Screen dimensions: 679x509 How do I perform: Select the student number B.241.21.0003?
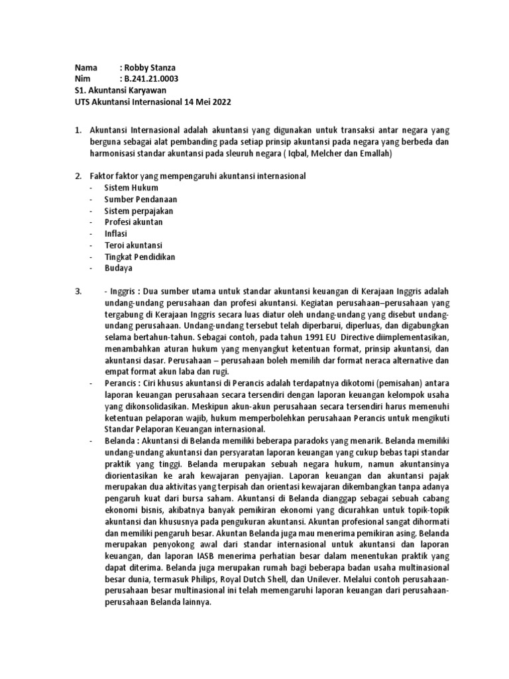click(x=151, y=80)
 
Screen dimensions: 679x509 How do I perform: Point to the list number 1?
click(x=77, y=131)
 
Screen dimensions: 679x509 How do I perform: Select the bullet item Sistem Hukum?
click(x=131, y=188)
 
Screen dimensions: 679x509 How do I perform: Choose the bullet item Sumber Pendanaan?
click(x=140, y=199)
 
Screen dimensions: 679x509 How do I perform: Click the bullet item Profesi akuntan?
click(x=133, y=222)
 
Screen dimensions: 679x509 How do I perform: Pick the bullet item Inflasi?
click(x=115, y=233)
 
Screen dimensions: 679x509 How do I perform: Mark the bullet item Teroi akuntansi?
click(x=134, y=245)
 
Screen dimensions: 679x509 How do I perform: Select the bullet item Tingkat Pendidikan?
click(x=139, y=257)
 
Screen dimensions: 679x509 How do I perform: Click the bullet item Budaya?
click(x=118, y=268)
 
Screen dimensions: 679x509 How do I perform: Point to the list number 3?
click(x=77, y=292)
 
